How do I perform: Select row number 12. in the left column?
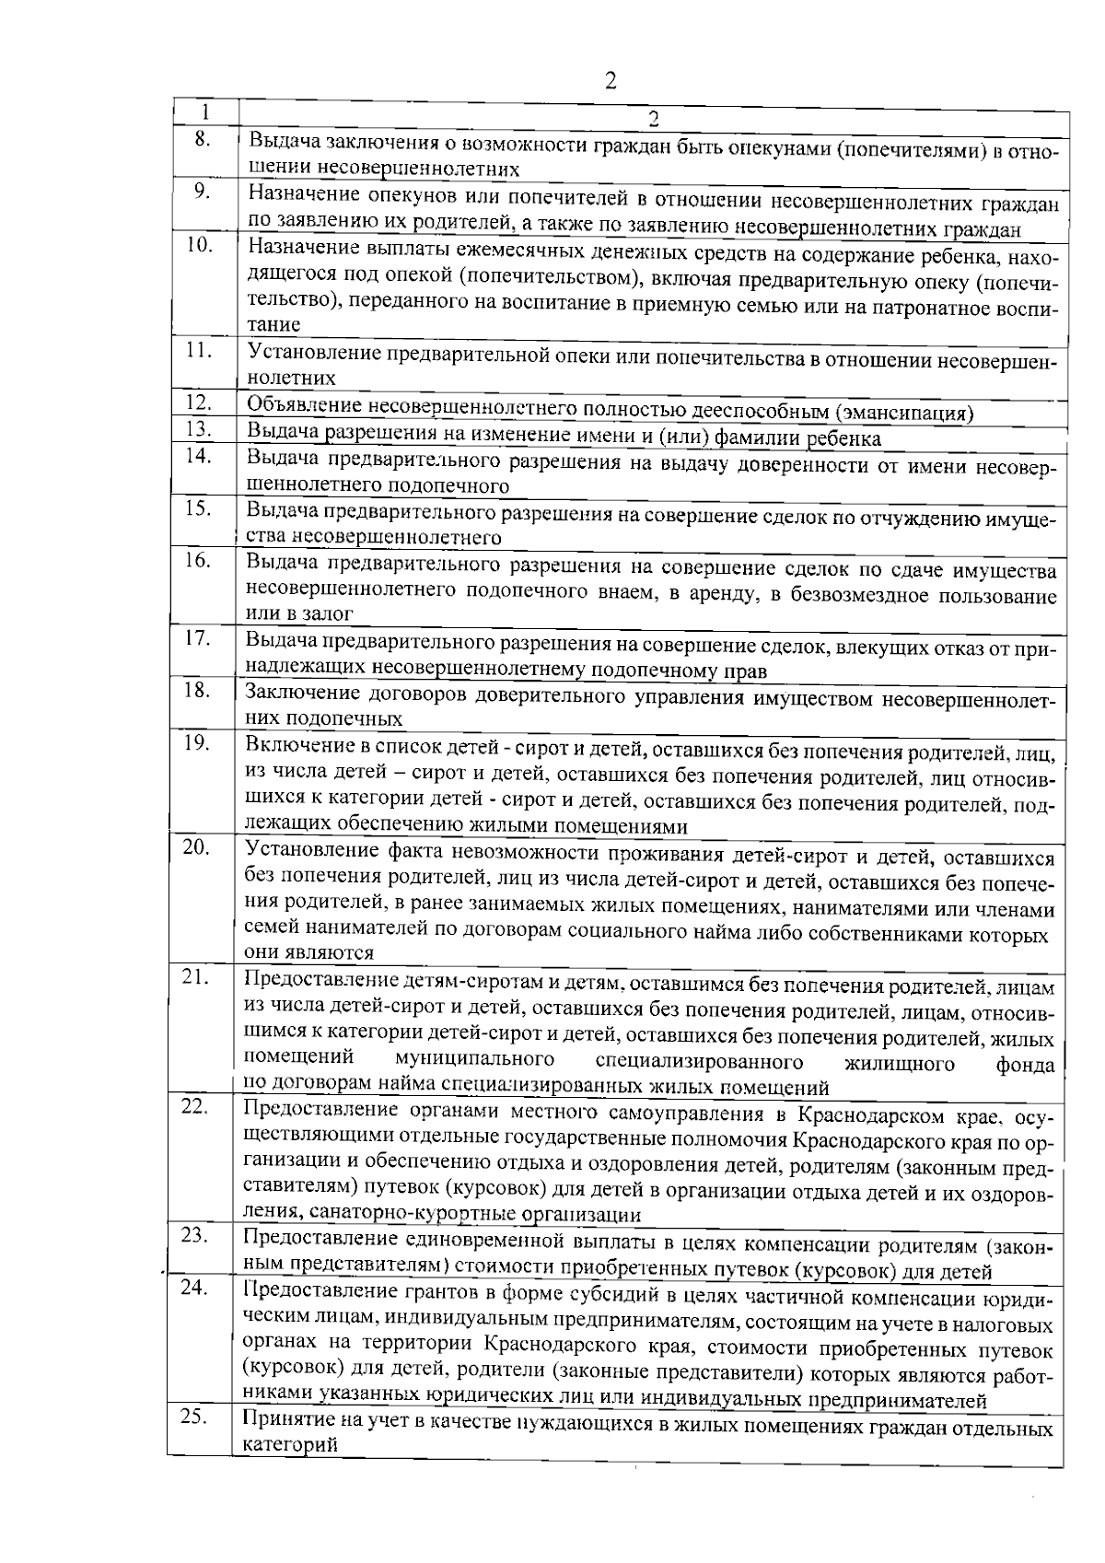[198, 402]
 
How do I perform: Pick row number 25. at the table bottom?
[193, 1417]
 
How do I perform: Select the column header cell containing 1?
[205, 111]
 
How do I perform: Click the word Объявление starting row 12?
[303, 406]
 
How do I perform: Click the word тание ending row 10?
[273, 324]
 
